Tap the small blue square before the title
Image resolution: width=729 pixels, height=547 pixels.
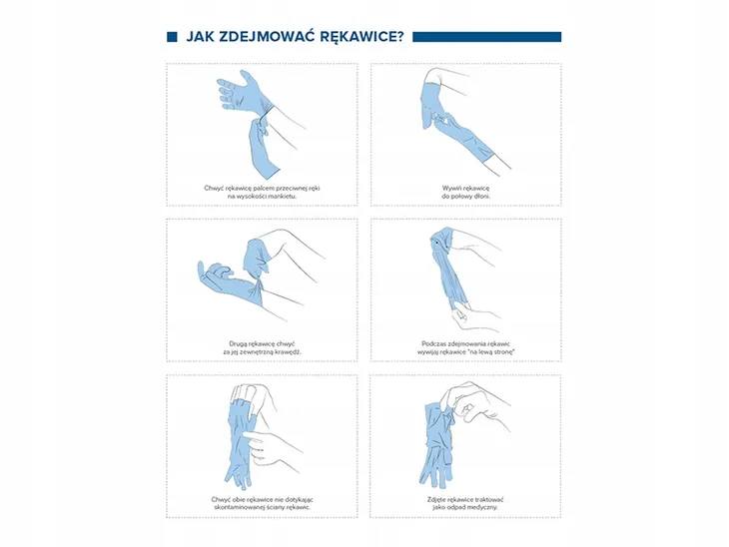tap(172, 37)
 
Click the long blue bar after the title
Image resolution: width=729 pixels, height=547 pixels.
tap(486, 37)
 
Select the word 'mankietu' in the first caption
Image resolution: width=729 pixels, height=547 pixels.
tap(284, 196)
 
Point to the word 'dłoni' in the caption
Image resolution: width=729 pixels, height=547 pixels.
tap(482, 196)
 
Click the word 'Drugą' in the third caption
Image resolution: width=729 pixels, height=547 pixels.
tap(238, 344)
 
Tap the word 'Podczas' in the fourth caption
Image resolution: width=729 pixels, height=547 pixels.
tap(433, 344)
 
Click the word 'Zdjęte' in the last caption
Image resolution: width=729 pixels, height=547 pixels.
tap(437, 500)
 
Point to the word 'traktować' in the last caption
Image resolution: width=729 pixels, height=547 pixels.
tap(488, 500)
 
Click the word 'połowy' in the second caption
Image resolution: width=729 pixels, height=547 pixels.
tap(461, 196)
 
